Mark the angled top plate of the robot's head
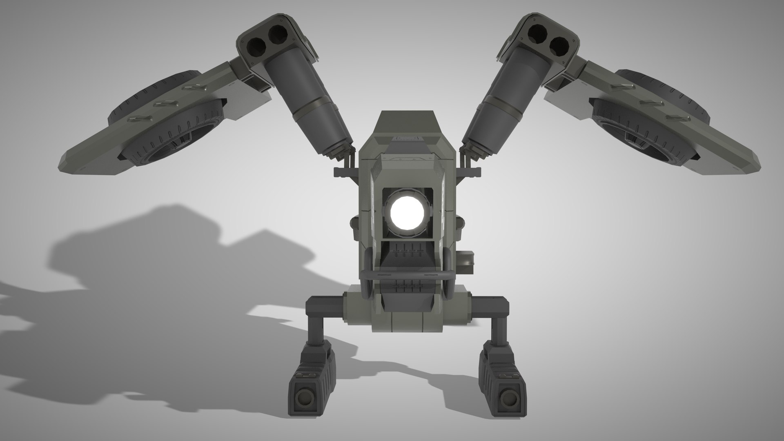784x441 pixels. (406, 122)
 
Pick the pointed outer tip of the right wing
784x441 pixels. (749, 159)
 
